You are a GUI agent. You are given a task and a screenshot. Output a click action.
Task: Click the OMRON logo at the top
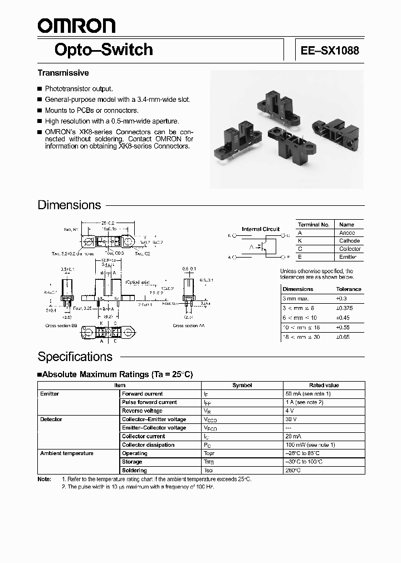(76, 26)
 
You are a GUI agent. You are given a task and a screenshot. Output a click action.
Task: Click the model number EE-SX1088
(330, 50)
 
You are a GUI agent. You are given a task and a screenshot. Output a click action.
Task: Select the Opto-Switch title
(103, 50)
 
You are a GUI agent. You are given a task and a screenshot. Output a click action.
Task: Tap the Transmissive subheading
(63, 73)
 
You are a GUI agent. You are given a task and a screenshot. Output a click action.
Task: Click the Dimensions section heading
(69, 205)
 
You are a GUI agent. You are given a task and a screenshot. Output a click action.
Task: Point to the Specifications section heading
(75, 357)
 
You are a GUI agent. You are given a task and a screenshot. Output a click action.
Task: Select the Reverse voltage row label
(142, 411)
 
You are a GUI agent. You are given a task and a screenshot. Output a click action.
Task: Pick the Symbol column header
(242, 385)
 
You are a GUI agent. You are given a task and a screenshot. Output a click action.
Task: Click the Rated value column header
(324, 385)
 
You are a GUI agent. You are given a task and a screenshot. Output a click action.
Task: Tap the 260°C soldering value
(293, 470)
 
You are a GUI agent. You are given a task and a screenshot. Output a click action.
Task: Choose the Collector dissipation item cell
(148, 445)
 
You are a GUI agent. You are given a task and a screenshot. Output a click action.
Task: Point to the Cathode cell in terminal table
(350, 241)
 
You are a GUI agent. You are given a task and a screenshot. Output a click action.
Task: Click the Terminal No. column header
(314, 225)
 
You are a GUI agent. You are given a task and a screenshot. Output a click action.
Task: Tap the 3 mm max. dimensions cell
(297, 298)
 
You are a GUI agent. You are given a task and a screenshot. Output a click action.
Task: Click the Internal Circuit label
(261, 229)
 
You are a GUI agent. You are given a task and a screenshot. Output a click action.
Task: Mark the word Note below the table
(44, 479)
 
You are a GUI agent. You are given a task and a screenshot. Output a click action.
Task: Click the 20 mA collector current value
(295, 436)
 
